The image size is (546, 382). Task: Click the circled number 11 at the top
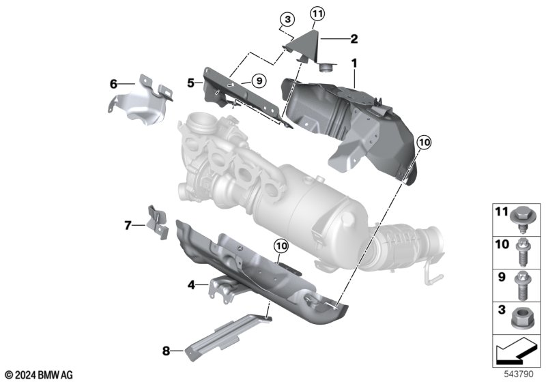(317, 14)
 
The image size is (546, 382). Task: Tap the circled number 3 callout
(287, 20)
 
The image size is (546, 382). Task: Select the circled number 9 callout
(259, 81)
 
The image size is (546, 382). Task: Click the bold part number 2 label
(354, 39)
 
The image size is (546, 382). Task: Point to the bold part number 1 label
(354, 63)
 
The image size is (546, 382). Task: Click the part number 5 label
(190, 83)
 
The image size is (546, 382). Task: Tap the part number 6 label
(113, 84)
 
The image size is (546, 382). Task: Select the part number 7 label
(128, 226)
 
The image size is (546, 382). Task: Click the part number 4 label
(191, 285)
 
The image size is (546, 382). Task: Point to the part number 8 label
(166, 351)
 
